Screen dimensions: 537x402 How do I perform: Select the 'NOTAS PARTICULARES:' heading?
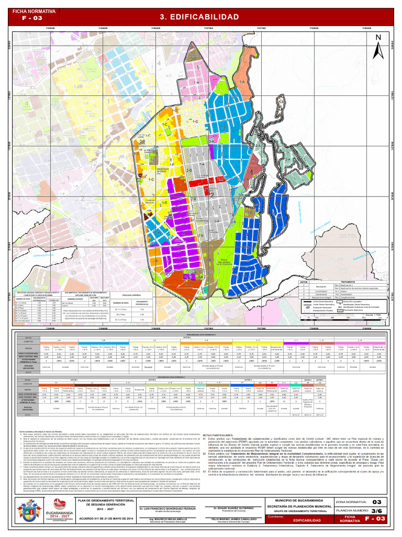(x=217, y=435)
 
